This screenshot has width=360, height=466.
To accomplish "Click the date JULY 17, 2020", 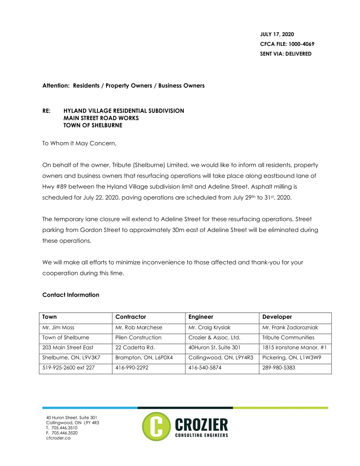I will coord(277,35).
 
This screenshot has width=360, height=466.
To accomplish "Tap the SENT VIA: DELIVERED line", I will coord(286,54).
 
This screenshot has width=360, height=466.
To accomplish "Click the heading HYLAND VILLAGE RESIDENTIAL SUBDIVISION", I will coord(124,111).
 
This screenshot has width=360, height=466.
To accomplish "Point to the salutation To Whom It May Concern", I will coord(79,143).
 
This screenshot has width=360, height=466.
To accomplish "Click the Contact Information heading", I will coord(71,295).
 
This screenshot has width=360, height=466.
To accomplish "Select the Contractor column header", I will coord(130,317).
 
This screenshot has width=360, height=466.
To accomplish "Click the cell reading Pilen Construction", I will coord(138,338).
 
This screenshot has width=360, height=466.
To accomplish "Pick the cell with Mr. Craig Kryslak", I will coord(208,328).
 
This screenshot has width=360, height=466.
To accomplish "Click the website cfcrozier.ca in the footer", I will coord(59,439).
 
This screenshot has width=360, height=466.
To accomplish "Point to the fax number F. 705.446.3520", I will coord(62,433).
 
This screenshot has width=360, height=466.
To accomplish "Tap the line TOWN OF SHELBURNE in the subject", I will coord(93,125).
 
